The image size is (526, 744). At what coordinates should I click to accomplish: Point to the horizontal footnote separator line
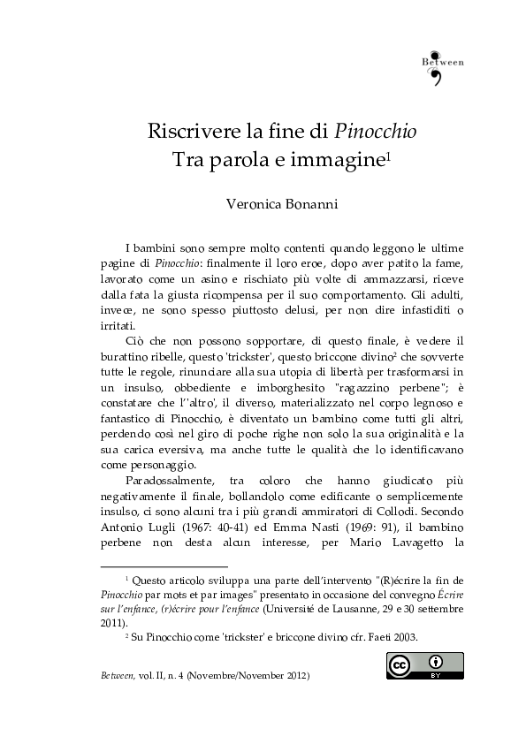(x=164, y=566)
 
